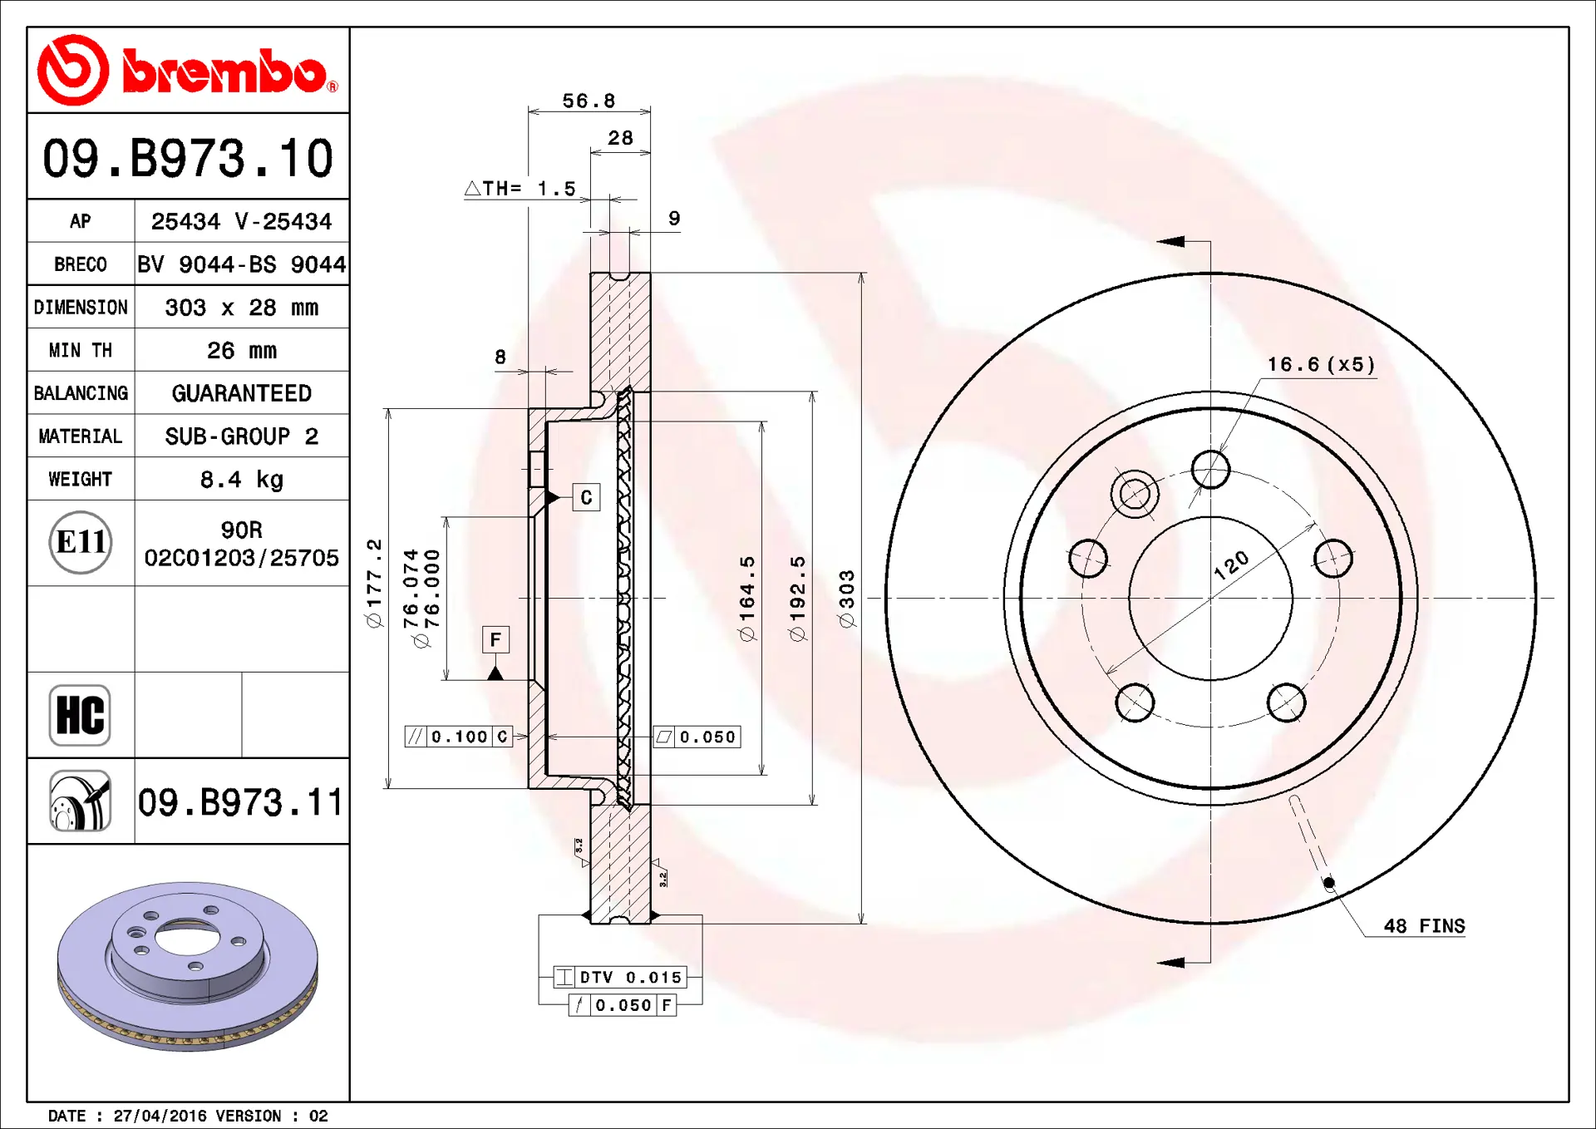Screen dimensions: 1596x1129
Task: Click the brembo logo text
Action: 225,71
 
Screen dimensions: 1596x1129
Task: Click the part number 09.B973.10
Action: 188,158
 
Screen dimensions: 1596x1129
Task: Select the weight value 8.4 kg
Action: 241,480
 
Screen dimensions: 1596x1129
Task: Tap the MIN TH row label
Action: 81,350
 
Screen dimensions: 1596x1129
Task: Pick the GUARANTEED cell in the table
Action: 241,393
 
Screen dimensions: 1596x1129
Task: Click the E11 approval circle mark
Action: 81,542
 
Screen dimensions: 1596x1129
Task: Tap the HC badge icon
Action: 80,715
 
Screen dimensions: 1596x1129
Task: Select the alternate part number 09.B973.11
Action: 240,802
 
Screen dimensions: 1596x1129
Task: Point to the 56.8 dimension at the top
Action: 589,101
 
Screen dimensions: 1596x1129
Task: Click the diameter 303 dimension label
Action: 846,599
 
